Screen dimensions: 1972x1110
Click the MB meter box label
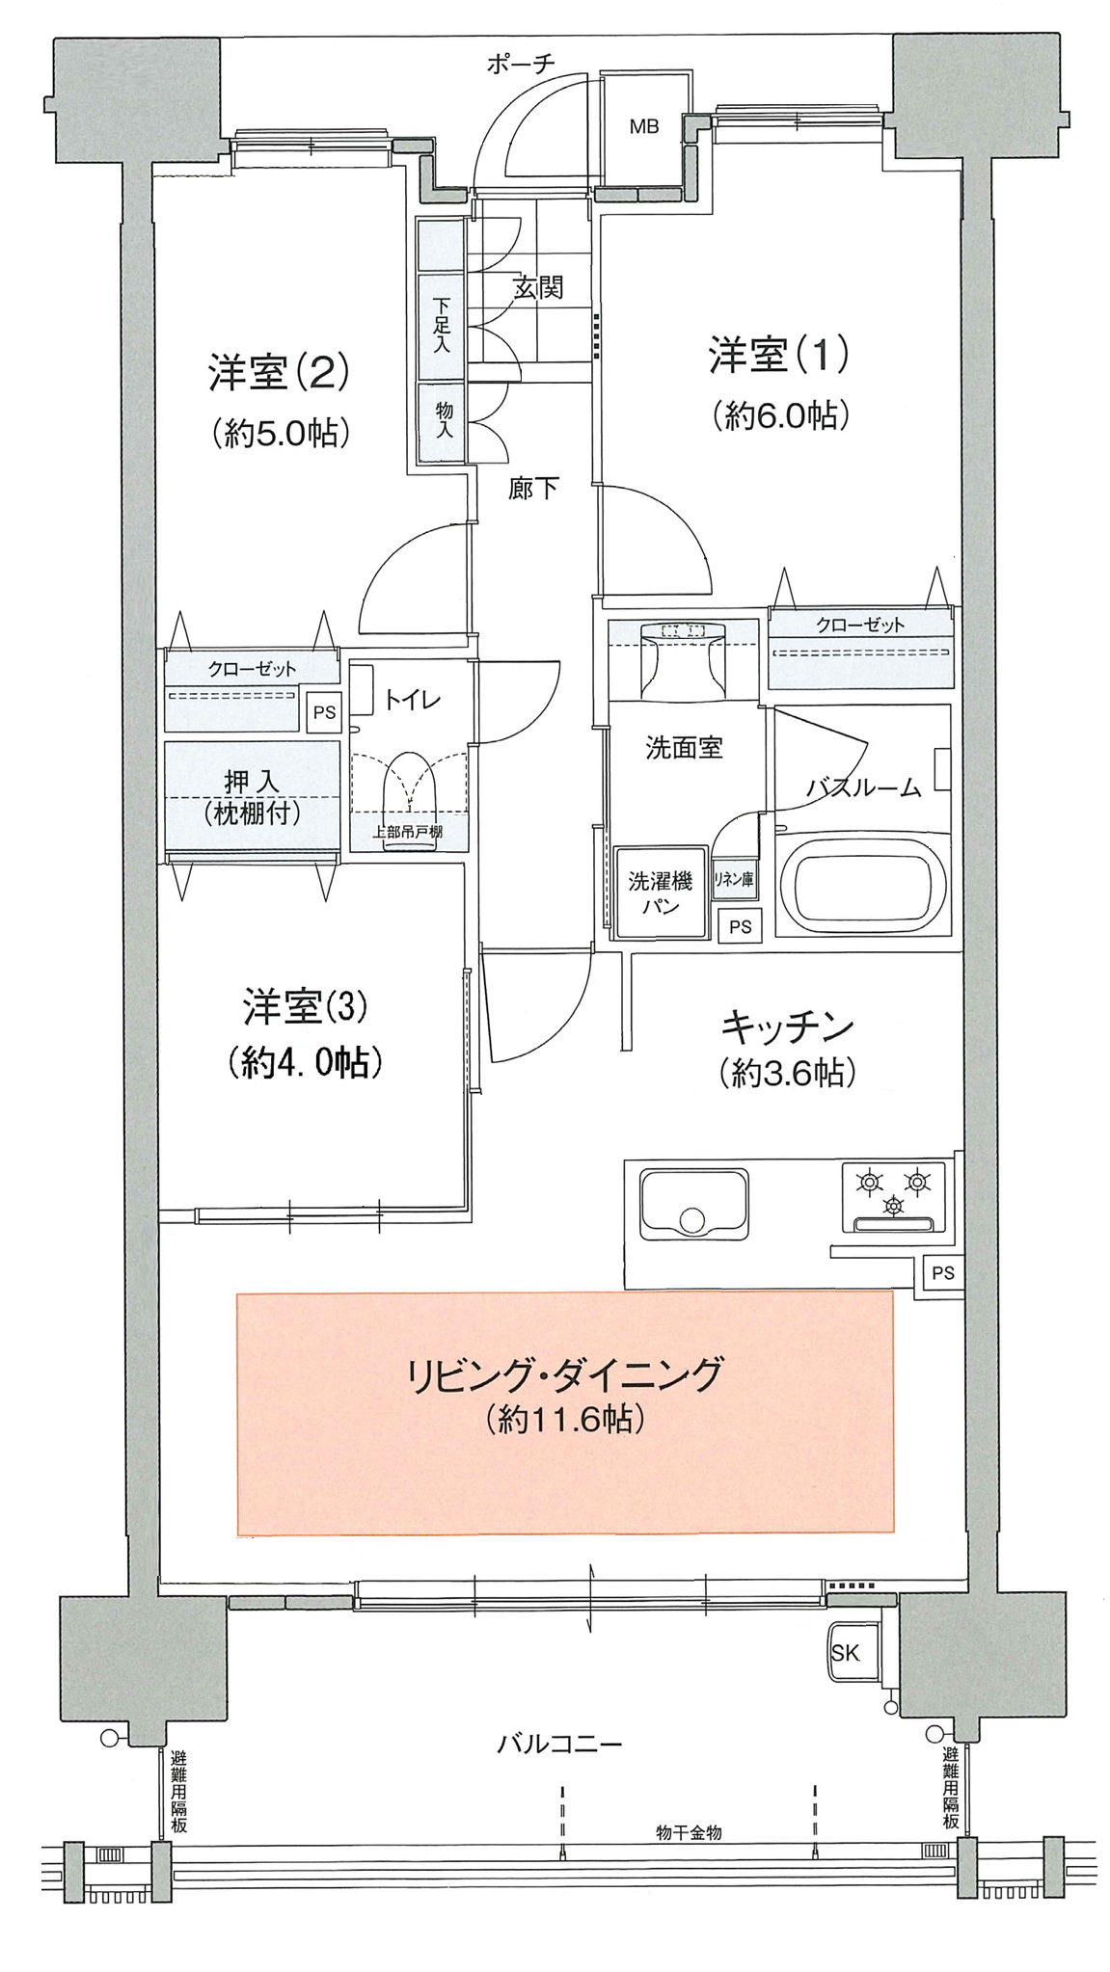pos(644,125)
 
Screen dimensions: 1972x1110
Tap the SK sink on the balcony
pos(845,1653)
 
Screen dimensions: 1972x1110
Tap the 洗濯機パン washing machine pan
pos(661,893)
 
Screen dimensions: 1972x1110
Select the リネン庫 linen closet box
pos(734,878)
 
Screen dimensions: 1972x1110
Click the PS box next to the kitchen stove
pos(942,1272)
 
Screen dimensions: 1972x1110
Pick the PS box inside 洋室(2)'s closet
pos(325,712)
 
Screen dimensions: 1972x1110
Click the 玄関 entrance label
pos(537,287)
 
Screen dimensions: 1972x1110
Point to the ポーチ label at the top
pos(521,65)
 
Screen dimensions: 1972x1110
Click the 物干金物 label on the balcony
pos(689,1832)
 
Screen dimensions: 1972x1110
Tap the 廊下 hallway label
pos(533,489)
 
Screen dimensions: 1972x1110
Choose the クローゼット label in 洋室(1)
pos(860,625)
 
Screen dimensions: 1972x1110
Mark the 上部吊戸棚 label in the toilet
pos(408,832)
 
